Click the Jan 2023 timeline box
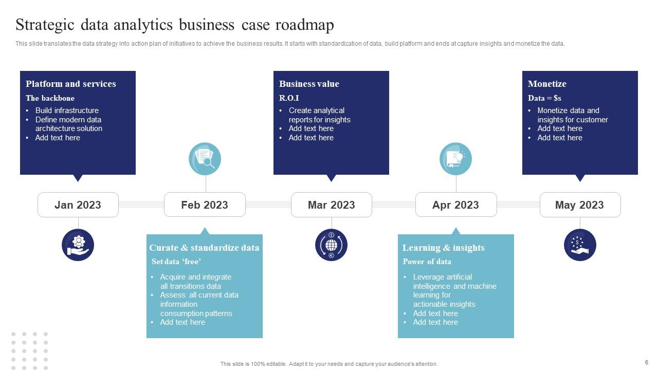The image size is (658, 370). tap(78, 205)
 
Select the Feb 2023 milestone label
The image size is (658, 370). tap(205, 205)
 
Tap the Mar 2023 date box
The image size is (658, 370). tap(332, 205)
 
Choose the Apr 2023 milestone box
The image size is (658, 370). tap(456, 205)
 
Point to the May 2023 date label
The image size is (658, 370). tap(580, 205)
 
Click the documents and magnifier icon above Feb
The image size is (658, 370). tap(205, 159)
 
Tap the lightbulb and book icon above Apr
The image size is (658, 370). tap(455, 159)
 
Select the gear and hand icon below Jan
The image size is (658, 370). tap(78, 245)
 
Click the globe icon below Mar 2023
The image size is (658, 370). tap(332, 245)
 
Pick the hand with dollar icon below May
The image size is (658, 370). tap(580, 245)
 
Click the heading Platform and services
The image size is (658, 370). tap(71, 84)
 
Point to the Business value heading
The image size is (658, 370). tap(309, 84)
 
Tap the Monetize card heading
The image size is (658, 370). tap(547, 84)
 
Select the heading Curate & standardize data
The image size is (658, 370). tap(204, 248)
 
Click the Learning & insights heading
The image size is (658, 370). tap(443, 248)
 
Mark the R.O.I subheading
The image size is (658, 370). tap(289, 98)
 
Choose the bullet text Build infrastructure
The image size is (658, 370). tap(67, 110)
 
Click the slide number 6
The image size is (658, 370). tap(646, 362)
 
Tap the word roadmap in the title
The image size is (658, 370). tap(305, 25)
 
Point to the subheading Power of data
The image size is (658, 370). tap(427, 262)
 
